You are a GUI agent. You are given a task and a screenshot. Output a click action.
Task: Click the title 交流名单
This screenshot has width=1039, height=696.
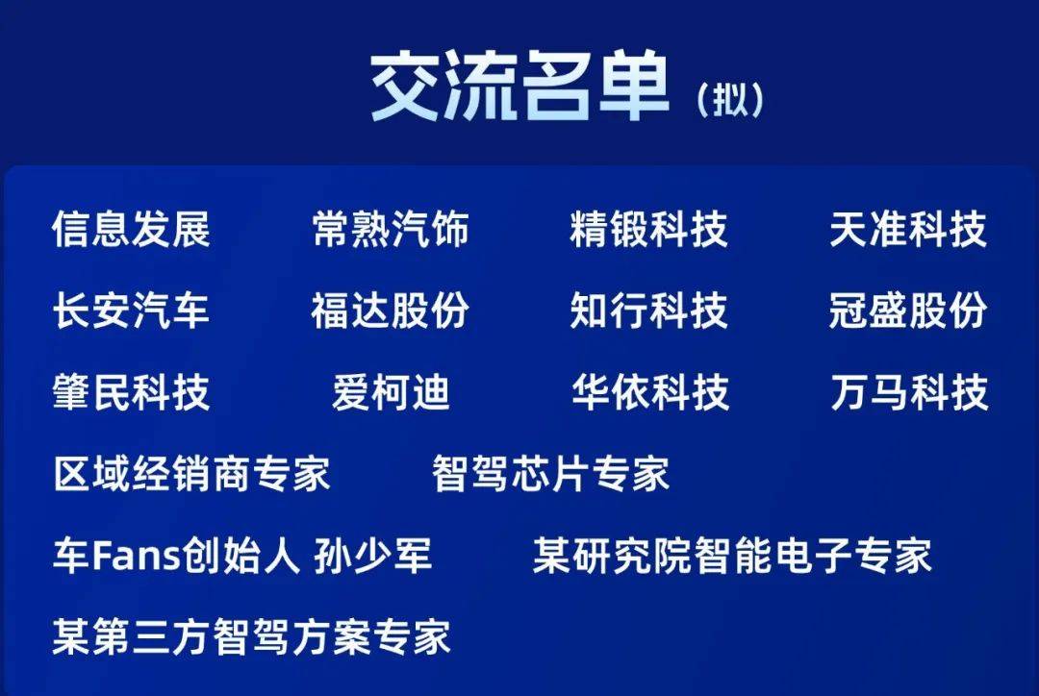[519, 86]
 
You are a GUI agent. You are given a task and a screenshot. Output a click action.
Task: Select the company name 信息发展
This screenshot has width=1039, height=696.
[131, 229]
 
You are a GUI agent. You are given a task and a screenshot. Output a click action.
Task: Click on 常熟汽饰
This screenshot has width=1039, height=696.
[391, 229]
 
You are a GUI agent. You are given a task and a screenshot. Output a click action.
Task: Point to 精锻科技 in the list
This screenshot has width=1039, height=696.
[648, 229]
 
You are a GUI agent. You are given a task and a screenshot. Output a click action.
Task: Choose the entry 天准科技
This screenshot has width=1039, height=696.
[908, 229]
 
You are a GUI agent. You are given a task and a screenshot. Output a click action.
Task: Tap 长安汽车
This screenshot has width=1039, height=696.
[131, 310]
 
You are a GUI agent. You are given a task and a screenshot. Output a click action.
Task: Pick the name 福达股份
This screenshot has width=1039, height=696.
[391, 310]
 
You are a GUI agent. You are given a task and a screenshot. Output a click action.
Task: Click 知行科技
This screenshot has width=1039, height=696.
[648, 310]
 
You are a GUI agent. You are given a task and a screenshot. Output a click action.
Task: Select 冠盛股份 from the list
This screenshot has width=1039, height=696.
[908, 310]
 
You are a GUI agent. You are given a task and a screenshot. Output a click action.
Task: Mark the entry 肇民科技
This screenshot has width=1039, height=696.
[131, 391]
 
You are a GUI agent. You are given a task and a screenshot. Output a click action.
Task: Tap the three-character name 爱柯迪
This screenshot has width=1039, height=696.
[391, 391]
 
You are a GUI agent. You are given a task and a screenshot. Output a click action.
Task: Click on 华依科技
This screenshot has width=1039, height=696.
[650, 391]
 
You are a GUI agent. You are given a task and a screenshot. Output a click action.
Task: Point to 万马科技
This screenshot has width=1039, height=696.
[909, 391]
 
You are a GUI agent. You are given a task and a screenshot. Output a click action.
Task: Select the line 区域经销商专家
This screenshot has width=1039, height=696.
[191, 474]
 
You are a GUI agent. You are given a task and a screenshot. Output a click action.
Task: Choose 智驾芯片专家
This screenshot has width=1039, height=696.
[550, 474]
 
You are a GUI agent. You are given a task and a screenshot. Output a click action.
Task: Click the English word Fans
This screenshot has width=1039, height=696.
[137, 555]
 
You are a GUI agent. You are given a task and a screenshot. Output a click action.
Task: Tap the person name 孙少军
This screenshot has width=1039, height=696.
[373, 555]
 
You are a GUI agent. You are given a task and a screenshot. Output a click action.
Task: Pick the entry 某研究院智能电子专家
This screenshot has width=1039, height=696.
[732, 555]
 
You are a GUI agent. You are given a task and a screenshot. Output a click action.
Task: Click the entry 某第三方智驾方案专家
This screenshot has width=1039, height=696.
[252, 636]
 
